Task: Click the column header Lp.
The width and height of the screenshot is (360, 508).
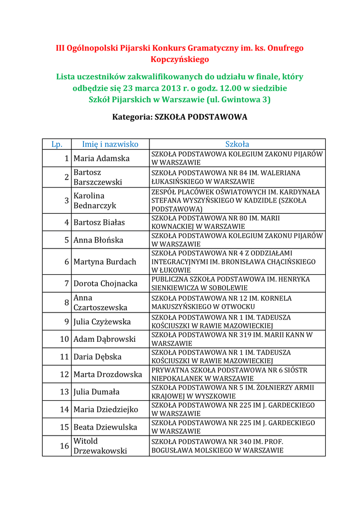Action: point(57,144)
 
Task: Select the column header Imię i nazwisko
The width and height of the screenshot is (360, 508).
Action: point(110,144)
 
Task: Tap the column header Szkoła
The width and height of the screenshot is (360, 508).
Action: point(237,144)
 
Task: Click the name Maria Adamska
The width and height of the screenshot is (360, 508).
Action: point(101,159)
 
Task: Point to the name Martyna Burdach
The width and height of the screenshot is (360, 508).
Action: point(105,262)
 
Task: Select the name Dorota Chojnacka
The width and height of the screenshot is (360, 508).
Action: point(105,284)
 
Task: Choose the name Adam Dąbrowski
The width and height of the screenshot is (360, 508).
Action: point(104,339)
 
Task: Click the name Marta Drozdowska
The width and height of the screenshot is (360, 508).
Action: point(108,375)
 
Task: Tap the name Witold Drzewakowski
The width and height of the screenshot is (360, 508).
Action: point(100,446)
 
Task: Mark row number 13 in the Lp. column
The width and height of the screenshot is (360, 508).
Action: point(64,392)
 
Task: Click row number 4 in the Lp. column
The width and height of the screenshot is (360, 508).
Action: point(67,223)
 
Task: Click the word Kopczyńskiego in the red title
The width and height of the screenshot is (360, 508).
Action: point(180,60)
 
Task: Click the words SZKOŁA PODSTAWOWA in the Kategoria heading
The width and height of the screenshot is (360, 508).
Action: point(201,118)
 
